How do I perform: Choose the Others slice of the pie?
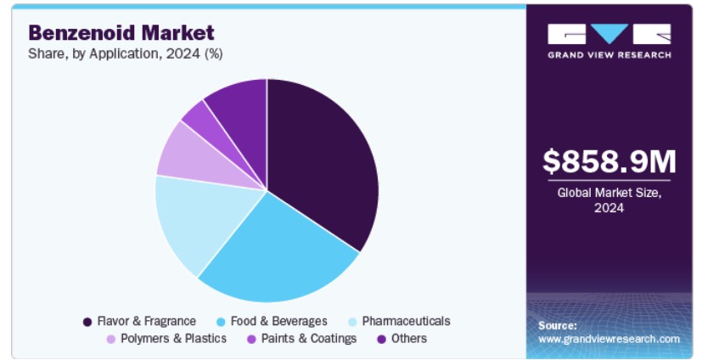[243, 110]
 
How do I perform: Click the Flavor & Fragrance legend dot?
[87, 322]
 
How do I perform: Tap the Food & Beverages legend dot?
[221, 322]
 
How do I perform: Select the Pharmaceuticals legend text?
[406, 321]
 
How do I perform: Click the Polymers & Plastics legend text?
[173, 339]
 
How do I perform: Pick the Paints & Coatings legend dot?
[251, 340]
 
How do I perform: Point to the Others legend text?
[408, 339]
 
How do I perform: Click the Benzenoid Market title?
[121, 33]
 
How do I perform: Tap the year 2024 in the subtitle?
[183, 54]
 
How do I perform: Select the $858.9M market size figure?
[609, 161]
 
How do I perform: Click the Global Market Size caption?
[609, 200]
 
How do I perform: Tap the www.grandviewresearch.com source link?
[609, 340]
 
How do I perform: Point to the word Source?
[558, 325]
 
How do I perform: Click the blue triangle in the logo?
[609, 33]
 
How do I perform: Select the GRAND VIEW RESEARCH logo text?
[609, 55]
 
